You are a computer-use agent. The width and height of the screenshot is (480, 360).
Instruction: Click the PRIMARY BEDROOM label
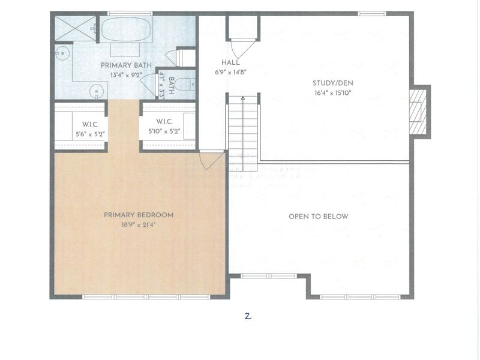[138, 215]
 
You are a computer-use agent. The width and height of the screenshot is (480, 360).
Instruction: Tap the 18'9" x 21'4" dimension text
[138, 225]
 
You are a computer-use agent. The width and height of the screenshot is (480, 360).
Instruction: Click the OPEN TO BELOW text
[319, 217]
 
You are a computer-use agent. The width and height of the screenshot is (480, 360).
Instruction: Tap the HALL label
[230, 62]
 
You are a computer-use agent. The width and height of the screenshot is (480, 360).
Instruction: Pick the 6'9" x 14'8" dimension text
[230, 71]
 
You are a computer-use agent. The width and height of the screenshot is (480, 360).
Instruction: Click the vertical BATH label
[172, 85]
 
